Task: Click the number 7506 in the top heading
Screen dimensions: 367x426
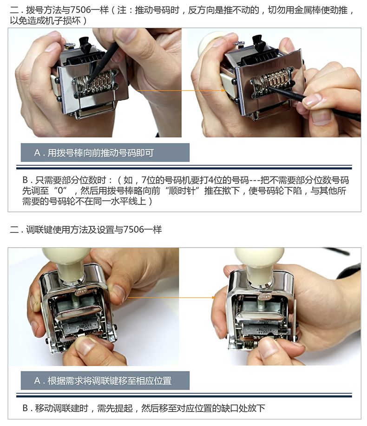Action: click(81, 10)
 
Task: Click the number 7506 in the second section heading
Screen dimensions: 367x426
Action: click(133, 230)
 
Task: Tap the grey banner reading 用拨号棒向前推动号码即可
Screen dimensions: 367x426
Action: click(105, 152)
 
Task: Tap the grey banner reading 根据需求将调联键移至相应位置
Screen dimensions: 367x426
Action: click(105, 380)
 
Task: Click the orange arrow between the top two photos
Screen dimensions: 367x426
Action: click(181, 91)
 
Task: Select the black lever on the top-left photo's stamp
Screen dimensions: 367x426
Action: click(85, 44)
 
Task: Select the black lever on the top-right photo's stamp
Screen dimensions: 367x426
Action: click(258, 42)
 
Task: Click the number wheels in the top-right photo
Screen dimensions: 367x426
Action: click(272, 79)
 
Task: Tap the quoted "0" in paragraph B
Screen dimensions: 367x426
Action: click(60, 191)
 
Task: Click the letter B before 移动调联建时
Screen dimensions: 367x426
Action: click(25, 408)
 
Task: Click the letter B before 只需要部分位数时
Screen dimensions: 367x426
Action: click(25, 180)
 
